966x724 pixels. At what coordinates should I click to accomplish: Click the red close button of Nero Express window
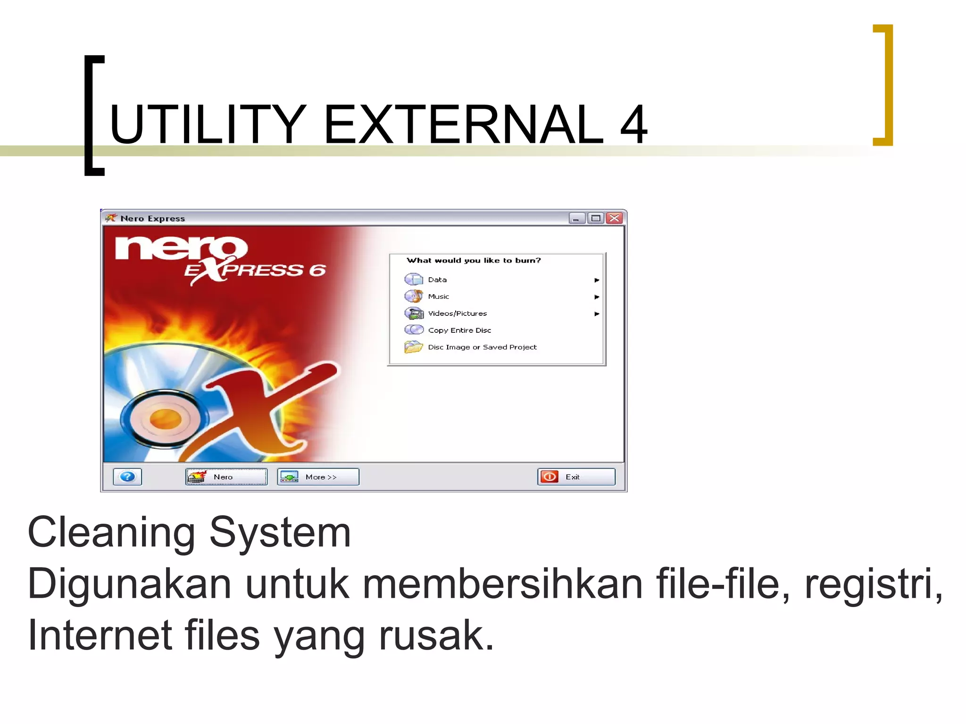tap(614, 218)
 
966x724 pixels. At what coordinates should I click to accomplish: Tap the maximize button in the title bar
tap(596, 218)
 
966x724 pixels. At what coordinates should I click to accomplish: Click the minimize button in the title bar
tap(576, 218)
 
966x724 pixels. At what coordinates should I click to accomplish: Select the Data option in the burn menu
tap(437, 280)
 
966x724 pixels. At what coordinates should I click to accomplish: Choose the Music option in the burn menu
tap(438, 296)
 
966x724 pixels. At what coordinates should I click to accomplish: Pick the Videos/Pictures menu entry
tap(457, 313)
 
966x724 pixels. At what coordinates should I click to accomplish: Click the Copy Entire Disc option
tap(459, 330)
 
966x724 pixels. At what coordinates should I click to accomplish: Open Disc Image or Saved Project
tap(482, 347)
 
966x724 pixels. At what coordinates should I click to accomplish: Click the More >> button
tap(318, 477)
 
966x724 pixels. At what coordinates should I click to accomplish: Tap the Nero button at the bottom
tap(226, 477)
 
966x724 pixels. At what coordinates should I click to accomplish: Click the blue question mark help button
tap(127, 477)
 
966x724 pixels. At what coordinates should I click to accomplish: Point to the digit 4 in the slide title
tap(633, 124)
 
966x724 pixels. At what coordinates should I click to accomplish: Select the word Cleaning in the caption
tap(111, 533)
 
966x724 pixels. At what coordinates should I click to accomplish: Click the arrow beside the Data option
tap(597, 280)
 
